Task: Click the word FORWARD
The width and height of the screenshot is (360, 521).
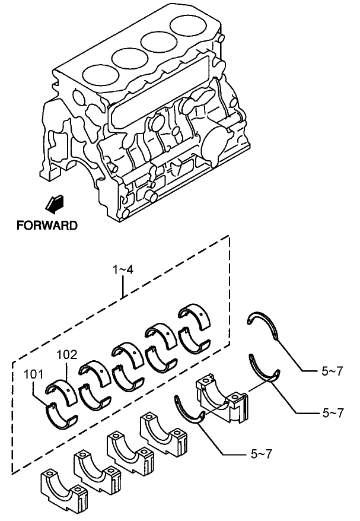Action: click(46, 225)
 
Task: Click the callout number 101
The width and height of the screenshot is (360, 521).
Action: click(33, 375)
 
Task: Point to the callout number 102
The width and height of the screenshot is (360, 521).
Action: click(66, 355)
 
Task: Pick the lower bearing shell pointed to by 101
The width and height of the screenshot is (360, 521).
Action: click(61, 415)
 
